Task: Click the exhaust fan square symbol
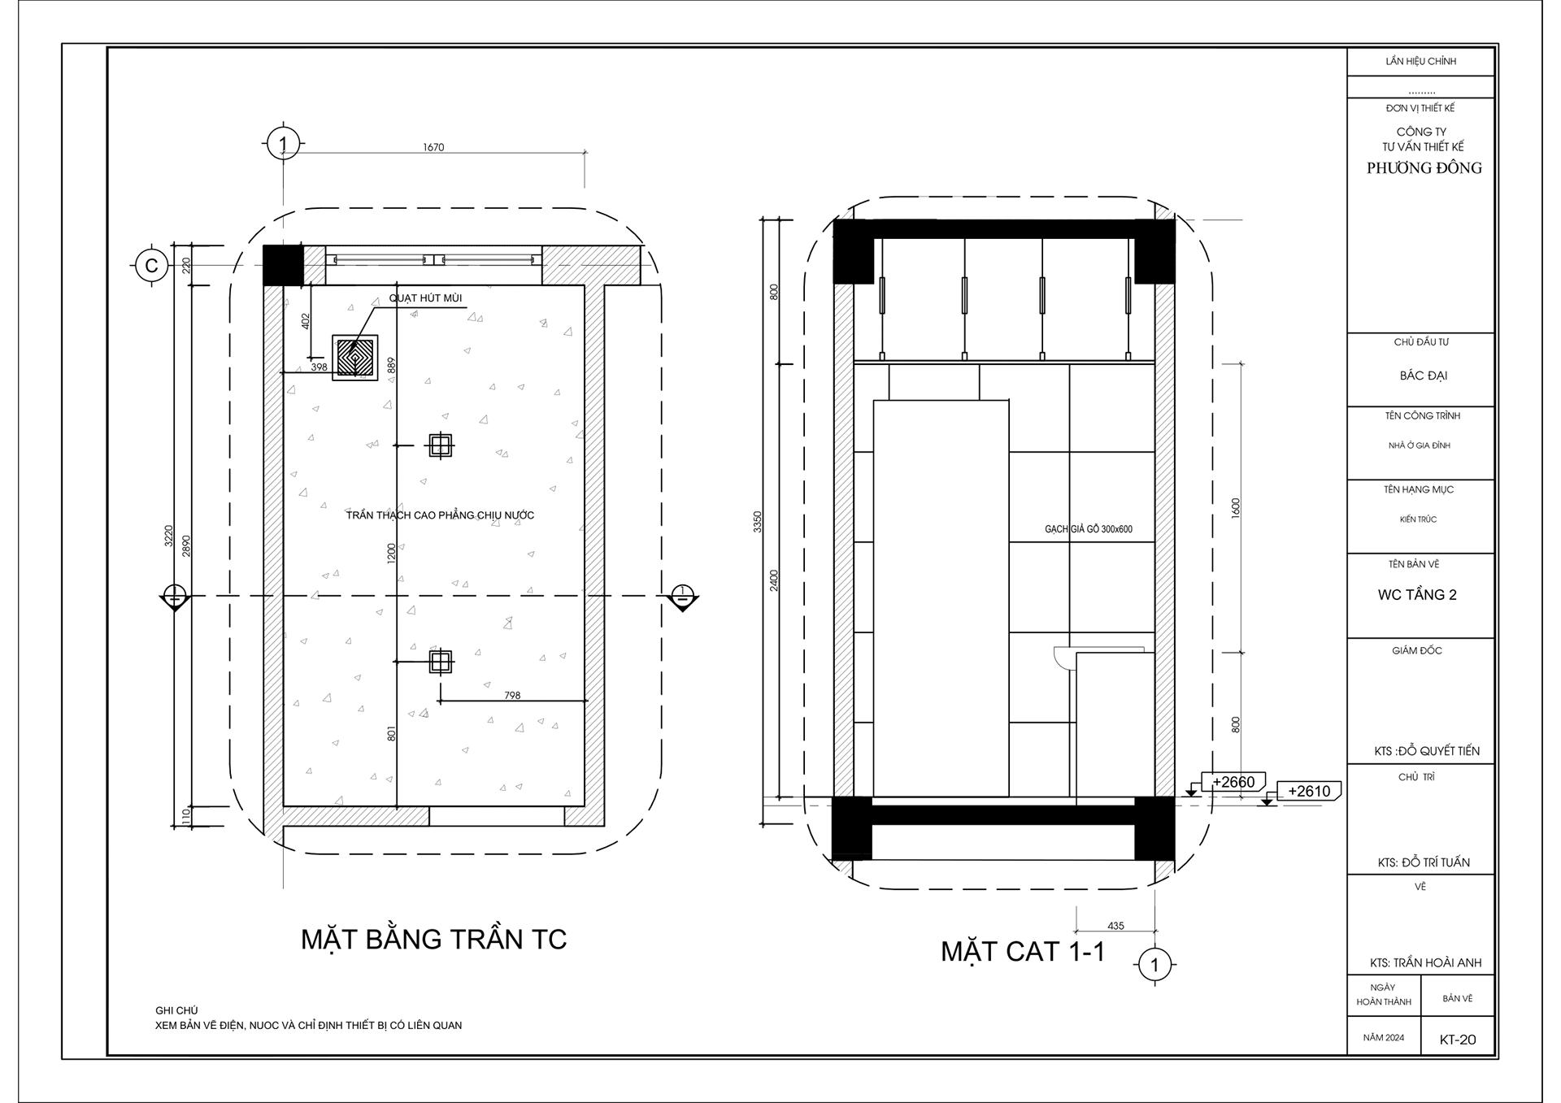(355, 358)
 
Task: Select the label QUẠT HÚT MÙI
(425, 298)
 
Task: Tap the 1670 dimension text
(433, 147)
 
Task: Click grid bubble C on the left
(151, 266)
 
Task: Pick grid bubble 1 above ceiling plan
(282, 145)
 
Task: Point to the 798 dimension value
(512, 695)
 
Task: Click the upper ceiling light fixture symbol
(440, 445)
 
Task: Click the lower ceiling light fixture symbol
(440, 662)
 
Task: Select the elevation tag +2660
(1233, 782)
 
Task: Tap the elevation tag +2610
(1308, 791)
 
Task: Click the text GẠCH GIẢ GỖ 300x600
(1088, 529)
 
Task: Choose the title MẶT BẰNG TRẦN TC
(433, 940)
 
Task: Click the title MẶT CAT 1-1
(1023, 952)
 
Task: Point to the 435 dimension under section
(1115, 926)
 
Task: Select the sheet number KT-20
(1457, 1040)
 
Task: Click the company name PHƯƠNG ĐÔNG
(1424, 168)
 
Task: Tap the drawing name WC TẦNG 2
(1416, 595)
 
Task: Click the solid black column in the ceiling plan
(282, 264)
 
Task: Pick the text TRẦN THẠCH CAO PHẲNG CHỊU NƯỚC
(440, 515)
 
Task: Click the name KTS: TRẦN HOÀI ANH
(1425, 963)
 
